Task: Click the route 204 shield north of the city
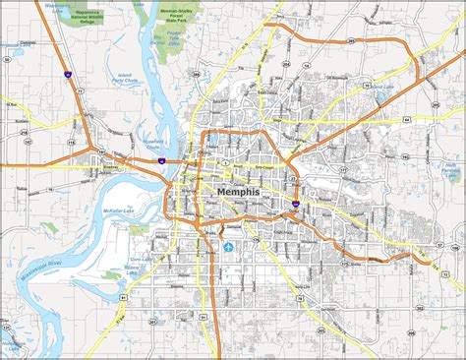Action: (196, 72)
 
